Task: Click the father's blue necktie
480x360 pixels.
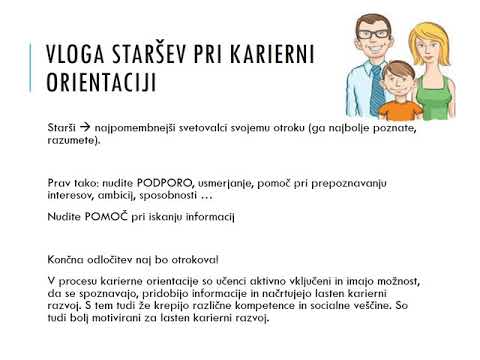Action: point(374,85)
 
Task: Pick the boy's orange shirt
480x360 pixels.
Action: point(400,110)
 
